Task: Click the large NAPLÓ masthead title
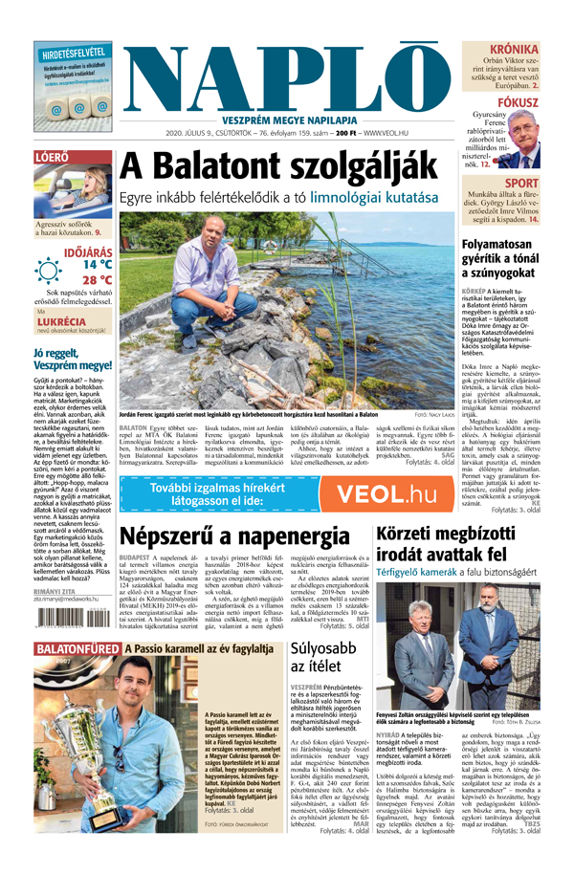[x=287, y=76]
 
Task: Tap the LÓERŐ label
[x=50, y=156]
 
